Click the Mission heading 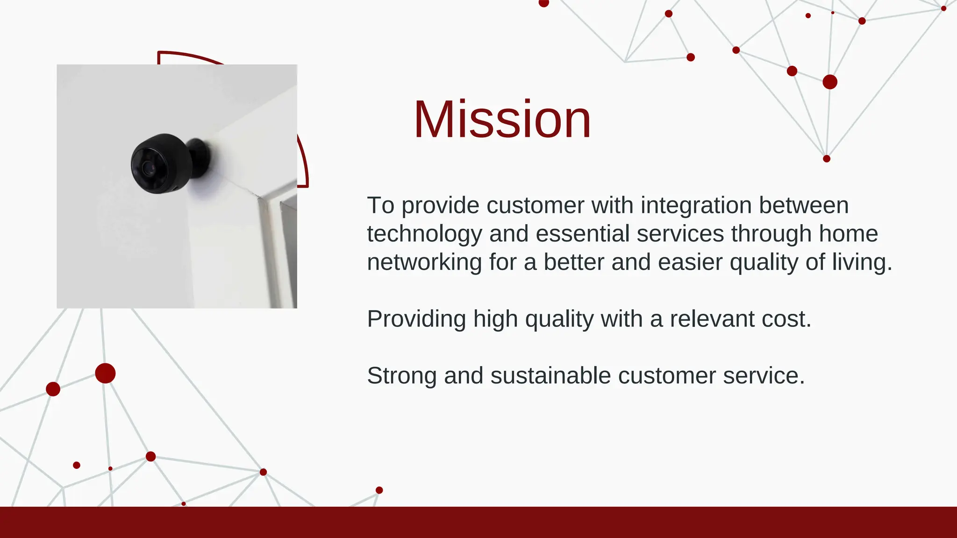click(x=502, y=120)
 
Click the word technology click(x=424, y=234)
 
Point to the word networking click(x=424, y=262)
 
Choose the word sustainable click(x=550, y=375)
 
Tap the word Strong click(x=401, y=375)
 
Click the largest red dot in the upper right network click(x=830, y=82)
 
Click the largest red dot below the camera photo click(x=105, y=373)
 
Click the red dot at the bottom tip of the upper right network click(x=827, y=159)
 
